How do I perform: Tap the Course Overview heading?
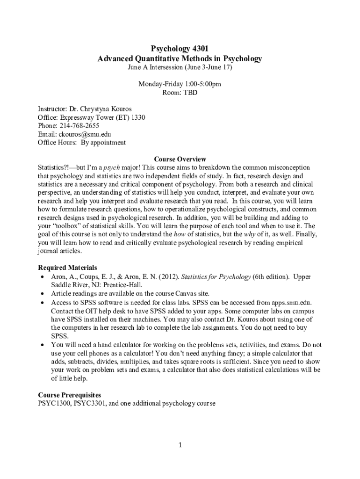[180, 159]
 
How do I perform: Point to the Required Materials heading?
[67, 268]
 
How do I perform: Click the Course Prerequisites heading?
[69, 395]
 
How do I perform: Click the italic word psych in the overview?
[110, 167]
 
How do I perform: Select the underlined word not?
[267, 328]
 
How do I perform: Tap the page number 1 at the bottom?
[180, 444]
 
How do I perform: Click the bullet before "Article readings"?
[42, 294]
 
